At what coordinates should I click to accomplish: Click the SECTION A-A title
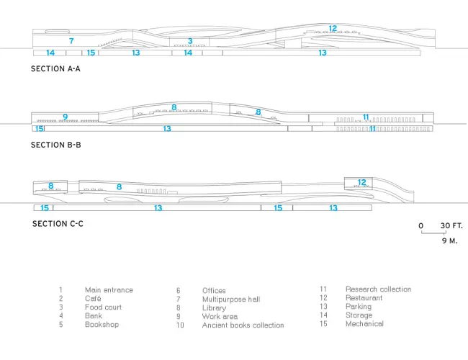point(55,68)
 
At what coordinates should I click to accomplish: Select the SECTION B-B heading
point(56,145)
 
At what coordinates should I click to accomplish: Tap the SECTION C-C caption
point(58,224)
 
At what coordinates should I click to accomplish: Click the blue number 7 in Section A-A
point(71,41)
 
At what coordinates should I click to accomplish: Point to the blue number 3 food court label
point(190,41)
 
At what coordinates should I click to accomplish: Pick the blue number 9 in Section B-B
point(65,117)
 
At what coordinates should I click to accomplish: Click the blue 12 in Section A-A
point(333,28)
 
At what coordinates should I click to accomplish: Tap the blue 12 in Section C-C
point(361,182)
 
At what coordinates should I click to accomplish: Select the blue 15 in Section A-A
point(91,53)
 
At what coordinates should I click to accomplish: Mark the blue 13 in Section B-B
point(167,129)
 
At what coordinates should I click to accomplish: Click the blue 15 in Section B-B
point(40,129)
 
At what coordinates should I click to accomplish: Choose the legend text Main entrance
point(109,290)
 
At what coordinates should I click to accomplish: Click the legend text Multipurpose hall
point(231,299)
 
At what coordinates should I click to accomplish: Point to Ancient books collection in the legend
point(243,325)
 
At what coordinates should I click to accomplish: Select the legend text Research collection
point(378,289)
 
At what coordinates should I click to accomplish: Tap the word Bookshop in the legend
point(102,325)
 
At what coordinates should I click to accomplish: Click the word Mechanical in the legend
point(364,323)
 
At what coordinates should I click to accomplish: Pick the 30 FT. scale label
point(451,225)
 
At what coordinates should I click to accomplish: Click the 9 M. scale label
point(449,240)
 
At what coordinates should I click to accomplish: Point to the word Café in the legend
point(93,299)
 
